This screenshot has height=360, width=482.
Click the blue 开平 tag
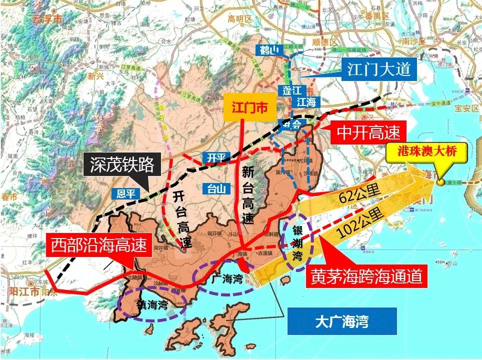(216, 158)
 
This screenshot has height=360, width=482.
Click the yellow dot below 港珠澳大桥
(440, 182)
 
